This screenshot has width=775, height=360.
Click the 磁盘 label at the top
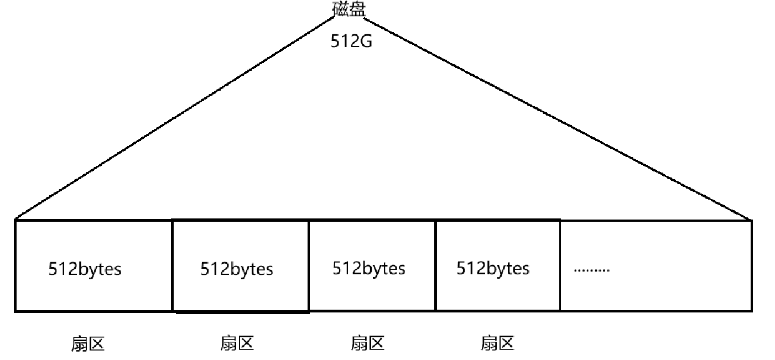pyautogui.click(x=350, y=9)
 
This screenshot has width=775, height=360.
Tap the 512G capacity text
pyautogui.click(x=351, y=41)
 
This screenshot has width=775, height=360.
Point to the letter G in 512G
pyautogui.click(x=366, y=41)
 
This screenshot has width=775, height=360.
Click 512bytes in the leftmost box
pyautogui.click(x=85, y=269)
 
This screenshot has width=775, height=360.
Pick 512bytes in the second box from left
pyautogui.click(x=237, y=269)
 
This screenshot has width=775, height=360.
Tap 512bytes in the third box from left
pyautogui.click(x=369, y=268)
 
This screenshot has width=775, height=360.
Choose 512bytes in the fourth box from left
pyautogui.click(x=493, y=268)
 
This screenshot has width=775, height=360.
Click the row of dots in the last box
pyautogui.click(x=592, y=270)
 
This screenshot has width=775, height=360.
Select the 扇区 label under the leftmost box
pyautogui.click(x=87, y=344)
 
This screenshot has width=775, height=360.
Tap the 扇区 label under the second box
pyautogui.click(x=237, y=343)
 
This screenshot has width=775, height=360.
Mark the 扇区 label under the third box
pyautogui.click(x=368, y=343)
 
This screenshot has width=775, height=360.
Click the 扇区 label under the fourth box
pyautogui.click(x=497, y=343)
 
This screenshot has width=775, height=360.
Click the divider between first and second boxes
pyautogui.click(x=173, y=265)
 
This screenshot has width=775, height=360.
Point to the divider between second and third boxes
pyautogui.click(x=308, y=265)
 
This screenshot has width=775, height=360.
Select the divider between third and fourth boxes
pyautogui.click(x=436, y=265)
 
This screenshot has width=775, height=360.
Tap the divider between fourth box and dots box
pyautogui.click(x=560, y=265)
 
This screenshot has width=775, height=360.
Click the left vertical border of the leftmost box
pyautogui.click(x=15, y=265)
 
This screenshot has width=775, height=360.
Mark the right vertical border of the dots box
pyautogui.click(x=752, y=265)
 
